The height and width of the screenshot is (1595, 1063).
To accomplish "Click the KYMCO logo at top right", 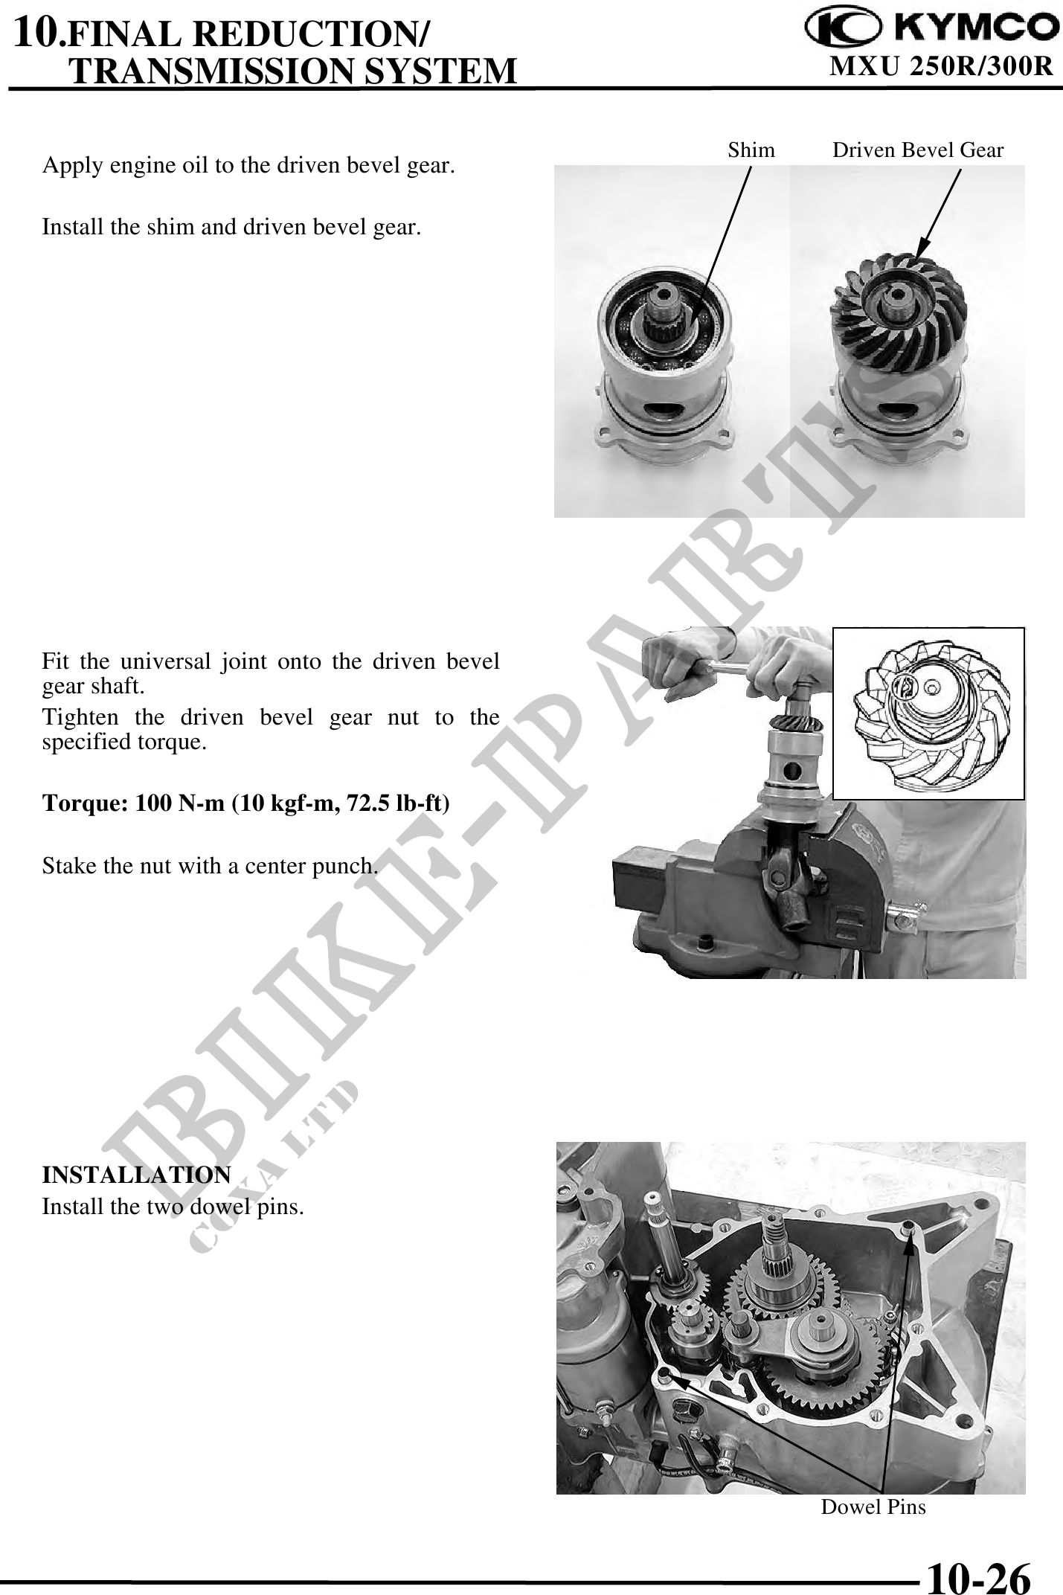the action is [933, 28].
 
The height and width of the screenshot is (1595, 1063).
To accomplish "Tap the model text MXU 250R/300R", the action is [941, 67].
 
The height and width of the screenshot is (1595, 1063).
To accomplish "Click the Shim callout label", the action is [751, 150].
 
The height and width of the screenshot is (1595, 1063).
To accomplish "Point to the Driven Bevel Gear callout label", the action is [918, 150].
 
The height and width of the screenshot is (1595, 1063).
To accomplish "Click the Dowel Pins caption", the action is [873, 1506].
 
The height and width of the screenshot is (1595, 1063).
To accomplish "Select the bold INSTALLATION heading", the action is [136, 1175].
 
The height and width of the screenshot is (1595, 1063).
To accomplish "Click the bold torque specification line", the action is [245, 803].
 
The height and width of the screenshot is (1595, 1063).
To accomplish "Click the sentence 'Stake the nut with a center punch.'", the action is [211, 866].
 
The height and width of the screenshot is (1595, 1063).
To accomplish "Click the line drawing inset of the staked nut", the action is [928, 713].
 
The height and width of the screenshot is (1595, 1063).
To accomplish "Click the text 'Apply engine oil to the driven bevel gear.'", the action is [248, 165].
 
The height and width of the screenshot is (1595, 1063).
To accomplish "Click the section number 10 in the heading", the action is [36, 33].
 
